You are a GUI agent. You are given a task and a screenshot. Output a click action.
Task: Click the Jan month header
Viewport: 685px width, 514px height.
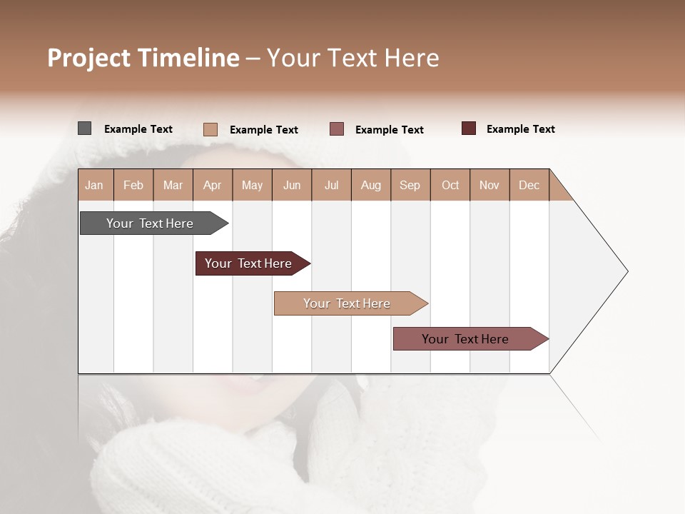(95, 185)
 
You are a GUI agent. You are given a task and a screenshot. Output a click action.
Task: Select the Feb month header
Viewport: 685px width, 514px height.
(133, 185)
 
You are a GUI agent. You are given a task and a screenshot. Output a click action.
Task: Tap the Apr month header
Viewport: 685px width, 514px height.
(213, 185)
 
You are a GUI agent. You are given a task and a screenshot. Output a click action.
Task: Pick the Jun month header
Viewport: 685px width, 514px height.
(292, 185)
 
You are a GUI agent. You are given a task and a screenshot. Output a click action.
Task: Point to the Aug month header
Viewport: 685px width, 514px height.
(371, 185)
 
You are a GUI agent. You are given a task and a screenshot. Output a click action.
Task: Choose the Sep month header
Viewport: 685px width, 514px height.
(410, 185)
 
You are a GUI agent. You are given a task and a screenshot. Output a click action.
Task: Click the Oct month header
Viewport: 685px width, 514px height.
(450, 185)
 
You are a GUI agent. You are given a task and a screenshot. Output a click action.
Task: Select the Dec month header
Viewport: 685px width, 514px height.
(529, 185)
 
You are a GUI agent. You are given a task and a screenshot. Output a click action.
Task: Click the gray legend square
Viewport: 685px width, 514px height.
(85, 128)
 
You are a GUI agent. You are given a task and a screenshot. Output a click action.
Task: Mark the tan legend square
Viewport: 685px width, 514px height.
(210, 129)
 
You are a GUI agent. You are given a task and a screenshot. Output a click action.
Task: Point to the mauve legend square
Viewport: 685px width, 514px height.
(337, 129)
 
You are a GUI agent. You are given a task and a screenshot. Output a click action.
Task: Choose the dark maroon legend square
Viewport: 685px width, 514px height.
(469, 128)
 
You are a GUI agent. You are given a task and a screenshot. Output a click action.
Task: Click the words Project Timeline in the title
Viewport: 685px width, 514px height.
(143, 58)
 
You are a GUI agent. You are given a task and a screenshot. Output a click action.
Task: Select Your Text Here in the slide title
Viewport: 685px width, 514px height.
(353, 58)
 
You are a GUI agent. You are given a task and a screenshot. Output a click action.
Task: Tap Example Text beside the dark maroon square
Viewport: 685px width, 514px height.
(520, 129)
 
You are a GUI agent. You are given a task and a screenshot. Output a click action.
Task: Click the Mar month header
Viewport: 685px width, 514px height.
(173, 185)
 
